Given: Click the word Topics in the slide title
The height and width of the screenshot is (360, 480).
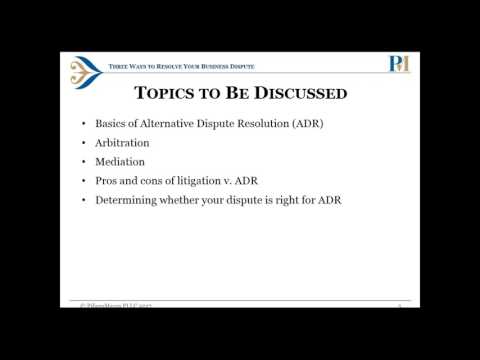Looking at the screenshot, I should pos(164,95).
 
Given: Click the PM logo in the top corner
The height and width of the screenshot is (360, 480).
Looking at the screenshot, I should pos(399,64).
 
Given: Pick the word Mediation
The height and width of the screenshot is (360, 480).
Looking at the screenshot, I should pos(119,161).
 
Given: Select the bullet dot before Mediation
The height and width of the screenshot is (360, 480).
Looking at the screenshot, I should pos(83,162).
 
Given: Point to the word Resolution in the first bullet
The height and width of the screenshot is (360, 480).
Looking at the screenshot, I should pos(261,125).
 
